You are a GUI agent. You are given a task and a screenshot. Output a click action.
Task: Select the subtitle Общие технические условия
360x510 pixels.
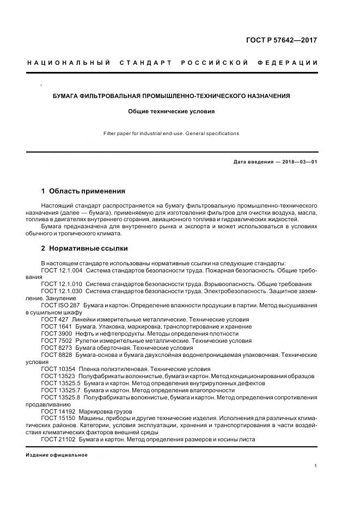tap(172, 111)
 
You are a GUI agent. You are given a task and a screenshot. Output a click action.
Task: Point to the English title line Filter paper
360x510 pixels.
tap(172, 133)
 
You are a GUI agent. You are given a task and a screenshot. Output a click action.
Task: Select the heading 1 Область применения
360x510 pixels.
tap(83, 191)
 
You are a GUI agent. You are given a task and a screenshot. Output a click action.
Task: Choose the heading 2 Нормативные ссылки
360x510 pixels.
tap(84, 248)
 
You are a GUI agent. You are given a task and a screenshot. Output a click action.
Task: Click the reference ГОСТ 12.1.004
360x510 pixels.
tap(62, 270)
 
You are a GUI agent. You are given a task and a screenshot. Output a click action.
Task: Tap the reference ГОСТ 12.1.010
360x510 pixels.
tap(62, 284)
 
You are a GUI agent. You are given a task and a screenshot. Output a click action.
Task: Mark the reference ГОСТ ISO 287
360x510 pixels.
tap(60, 305)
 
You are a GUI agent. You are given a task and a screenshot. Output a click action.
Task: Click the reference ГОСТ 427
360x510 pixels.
tap(54, 319)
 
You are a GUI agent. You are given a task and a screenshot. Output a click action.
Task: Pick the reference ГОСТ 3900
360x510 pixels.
tap(56, 333)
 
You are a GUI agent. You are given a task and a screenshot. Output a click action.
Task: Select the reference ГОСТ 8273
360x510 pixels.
tap(56, 348)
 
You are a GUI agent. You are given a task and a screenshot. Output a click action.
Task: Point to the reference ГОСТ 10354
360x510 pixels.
tap(58, 369)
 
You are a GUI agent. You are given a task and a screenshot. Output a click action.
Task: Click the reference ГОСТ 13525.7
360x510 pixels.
tap(60, 390)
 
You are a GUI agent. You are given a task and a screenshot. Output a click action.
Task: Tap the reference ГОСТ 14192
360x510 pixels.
tap(58, 411)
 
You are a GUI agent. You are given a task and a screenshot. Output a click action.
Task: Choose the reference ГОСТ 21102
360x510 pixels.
tap(58, 440)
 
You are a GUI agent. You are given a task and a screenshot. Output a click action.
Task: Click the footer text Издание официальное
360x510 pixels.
tap(57, 455)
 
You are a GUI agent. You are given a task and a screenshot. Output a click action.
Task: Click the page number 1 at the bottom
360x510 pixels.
tap(316, 466)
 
